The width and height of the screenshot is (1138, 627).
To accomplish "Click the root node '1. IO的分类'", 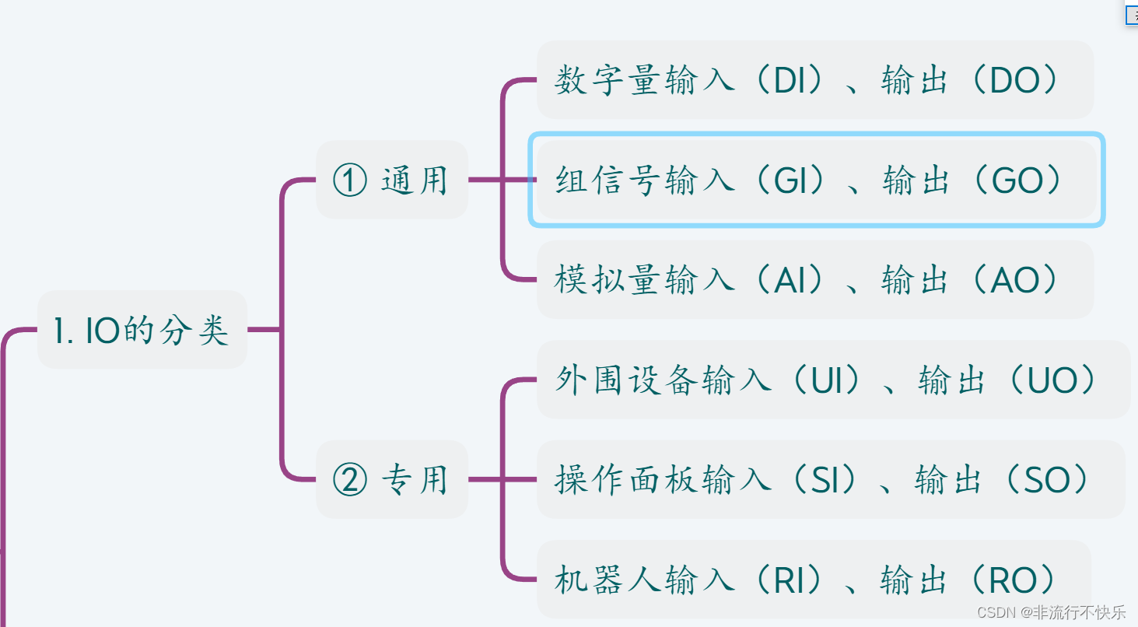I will [142, 331].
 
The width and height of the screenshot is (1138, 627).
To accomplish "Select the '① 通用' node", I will [391, 180].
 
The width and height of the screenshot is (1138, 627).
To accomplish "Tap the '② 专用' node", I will [391, 480].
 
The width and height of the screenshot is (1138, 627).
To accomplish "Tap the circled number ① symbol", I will [349, 180].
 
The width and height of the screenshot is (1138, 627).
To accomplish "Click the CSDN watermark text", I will [1051, 612].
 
